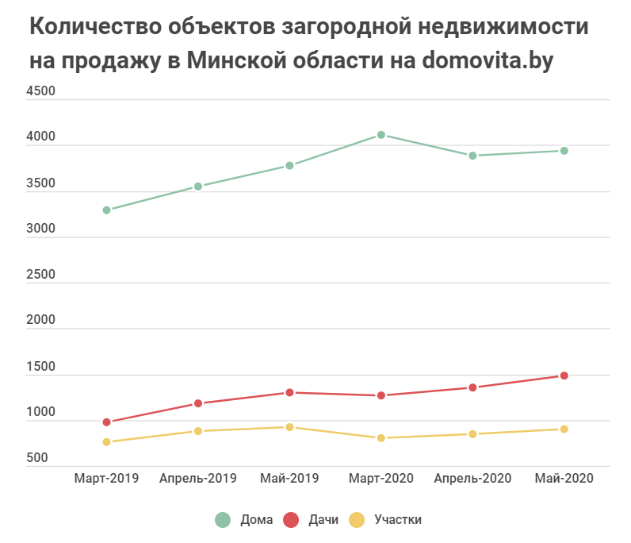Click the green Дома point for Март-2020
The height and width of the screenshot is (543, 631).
click(x=381, y=135)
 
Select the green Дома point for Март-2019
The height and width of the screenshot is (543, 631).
click(x=106, y=210)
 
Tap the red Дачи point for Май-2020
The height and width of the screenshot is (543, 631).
click(x=564, y=375)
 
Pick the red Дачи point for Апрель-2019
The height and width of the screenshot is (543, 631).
click(x=198, y=403)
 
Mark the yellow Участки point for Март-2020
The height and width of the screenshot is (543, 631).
click(x=381, y=438)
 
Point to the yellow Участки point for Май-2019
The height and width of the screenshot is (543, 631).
click(x=289, y=427)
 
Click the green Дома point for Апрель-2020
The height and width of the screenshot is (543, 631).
click(x=472, y=156)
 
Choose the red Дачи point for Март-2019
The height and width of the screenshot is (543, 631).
click(x=106, y=422)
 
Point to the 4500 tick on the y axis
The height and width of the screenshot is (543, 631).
click(x=41, y=91)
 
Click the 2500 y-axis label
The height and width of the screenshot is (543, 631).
click(x=41, y=275)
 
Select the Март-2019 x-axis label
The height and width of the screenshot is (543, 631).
click(x=106, y=478)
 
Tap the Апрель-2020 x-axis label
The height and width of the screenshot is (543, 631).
click(x=472, y=478)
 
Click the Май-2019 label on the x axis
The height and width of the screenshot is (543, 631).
click(x=289, y=478)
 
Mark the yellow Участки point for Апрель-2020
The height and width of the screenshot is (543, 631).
click(x=472, y=434)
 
